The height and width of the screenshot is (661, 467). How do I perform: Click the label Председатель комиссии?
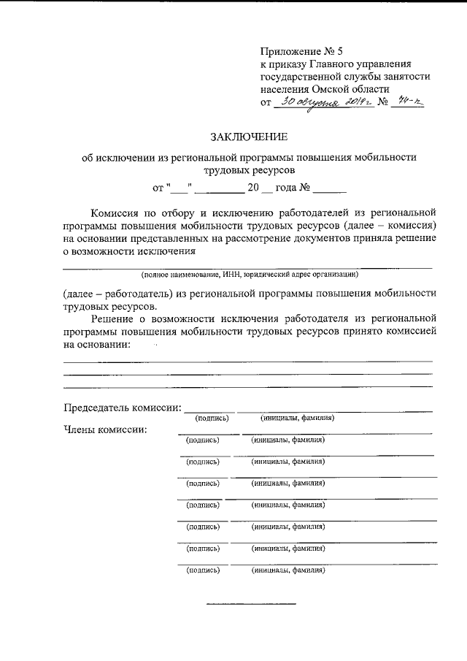122,406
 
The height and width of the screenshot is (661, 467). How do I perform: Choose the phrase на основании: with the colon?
98,344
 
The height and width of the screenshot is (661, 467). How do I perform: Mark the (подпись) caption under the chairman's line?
212,419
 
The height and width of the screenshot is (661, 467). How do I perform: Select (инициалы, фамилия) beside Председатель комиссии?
297,419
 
